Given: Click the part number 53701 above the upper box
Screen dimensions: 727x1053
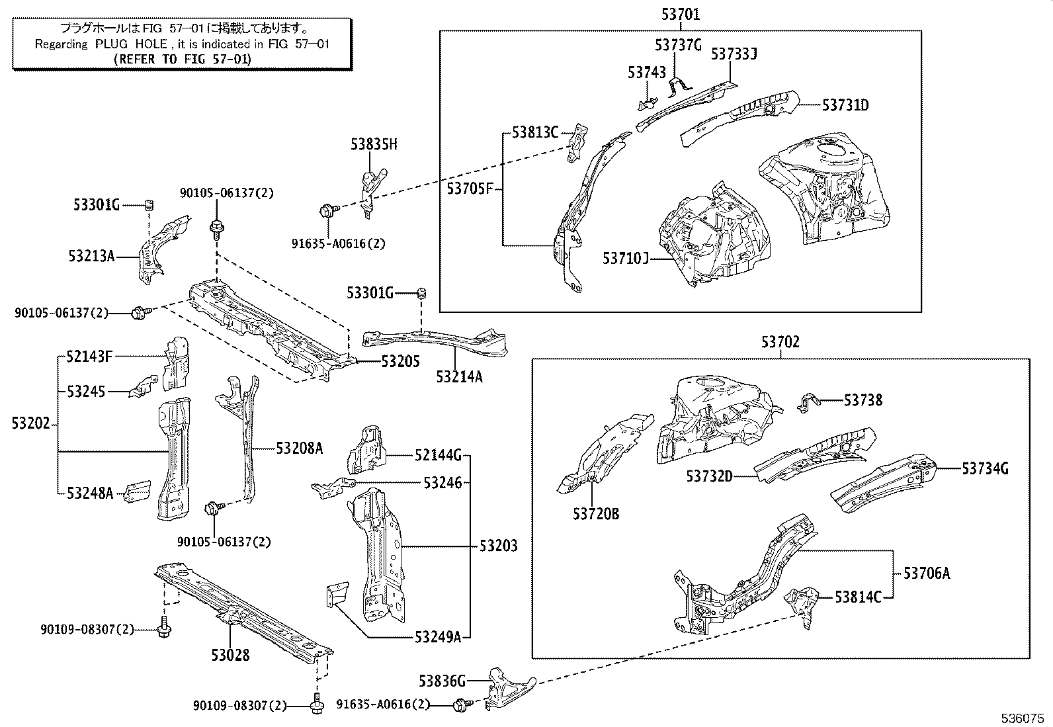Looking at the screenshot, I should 681,14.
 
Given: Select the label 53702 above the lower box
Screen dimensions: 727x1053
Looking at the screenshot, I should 780,342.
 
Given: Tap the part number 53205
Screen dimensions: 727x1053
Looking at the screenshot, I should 400,362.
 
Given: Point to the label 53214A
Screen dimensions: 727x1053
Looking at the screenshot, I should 459,376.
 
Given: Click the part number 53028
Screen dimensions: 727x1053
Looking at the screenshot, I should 231,656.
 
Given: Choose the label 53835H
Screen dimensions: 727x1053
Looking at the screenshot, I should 374,144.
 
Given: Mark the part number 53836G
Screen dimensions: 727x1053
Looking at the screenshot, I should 442,681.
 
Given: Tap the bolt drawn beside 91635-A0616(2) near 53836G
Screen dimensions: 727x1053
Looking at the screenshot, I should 460,705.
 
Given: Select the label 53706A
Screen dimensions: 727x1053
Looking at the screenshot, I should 926,573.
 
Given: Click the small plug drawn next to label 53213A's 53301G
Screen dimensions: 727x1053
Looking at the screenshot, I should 149,206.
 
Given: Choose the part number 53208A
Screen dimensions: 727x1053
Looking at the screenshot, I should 300,449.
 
